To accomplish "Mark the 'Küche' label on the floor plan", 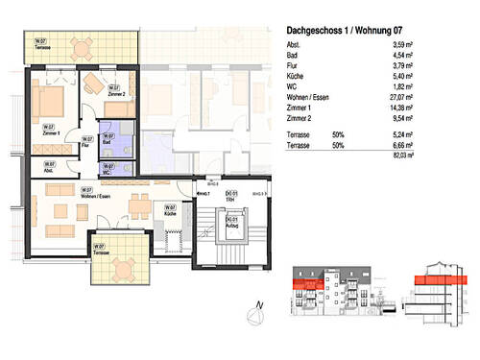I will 170,210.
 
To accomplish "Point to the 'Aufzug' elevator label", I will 230,228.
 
